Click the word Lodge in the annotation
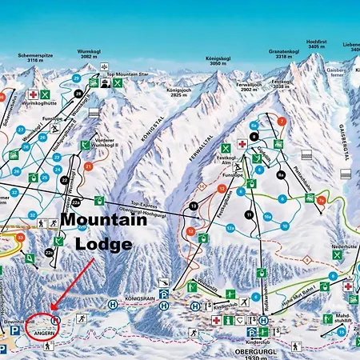[x=103, y=244]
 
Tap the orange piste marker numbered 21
[x=90, y=166]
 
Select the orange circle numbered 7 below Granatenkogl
[x=282, y=121]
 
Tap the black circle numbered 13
[x=193, y=208]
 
